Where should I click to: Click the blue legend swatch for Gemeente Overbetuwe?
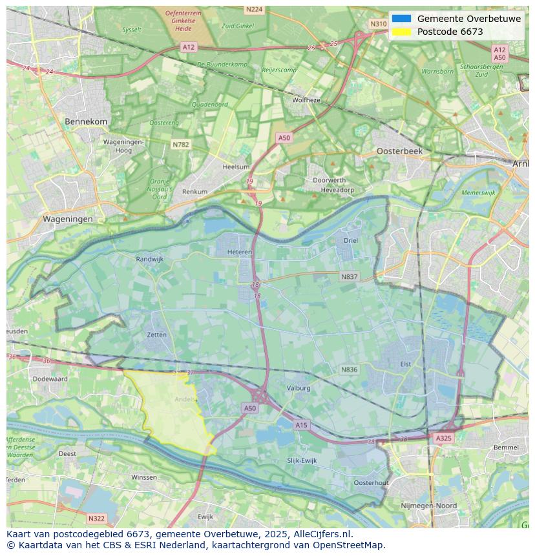[x=401, y=19]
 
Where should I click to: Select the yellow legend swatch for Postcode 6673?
[x=401, y=32]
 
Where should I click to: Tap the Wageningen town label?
[x=68, y=219]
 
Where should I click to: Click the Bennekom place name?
[x=86, y=121]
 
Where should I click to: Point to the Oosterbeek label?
[x=399, y=150]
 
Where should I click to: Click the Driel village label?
[x=350, y=240]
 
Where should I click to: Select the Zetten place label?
[x=156, y=335]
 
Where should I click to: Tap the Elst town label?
[x=405, y=364]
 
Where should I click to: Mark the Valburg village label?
[x=299, y=388]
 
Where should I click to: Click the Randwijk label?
[x=150, y=259]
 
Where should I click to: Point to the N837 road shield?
[x=349, y=276]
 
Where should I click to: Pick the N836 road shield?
[x=349, y=369]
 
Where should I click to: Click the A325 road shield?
[x=443, y=438]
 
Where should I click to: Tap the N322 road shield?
[x=96, y=518]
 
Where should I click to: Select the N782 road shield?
[x=181, y=145]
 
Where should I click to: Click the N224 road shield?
[x=255, y=9]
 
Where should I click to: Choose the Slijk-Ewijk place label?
[x=302, y=460]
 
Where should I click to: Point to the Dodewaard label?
[x=50, y=379]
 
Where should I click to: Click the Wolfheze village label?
[x=306, y=100]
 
